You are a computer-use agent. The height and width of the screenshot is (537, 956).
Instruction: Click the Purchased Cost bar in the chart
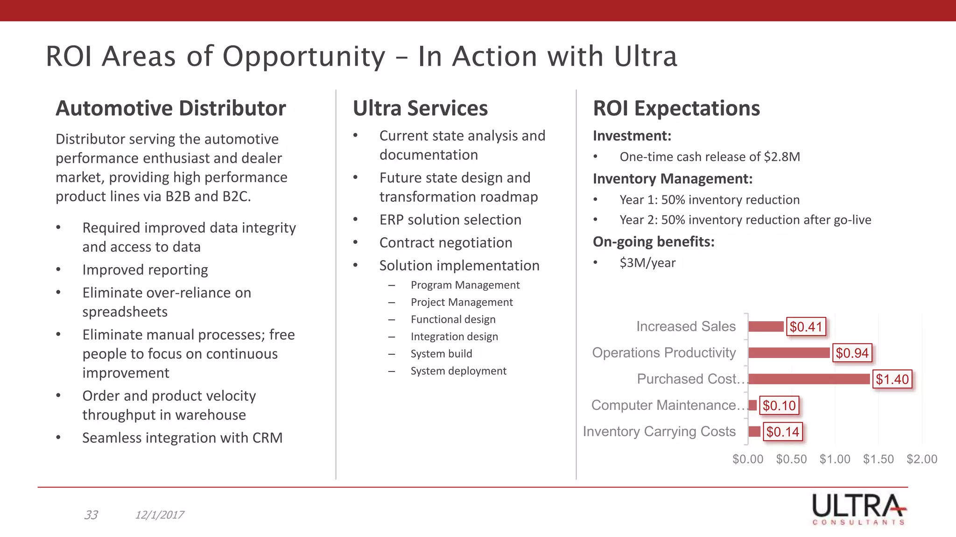(x=809, y=379)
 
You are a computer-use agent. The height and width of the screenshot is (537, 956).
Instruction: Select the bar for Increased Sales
(x=766, y=326)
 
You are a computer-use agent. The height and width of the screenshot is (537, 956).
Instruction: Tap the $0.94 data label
(x=852, y=353)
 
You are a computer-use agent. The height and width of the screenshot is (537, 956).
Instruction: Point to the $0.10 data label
(x=779, y=406)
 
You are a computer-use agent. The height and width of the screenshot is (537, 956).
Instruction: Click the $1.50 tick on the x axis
(x=878, y=459)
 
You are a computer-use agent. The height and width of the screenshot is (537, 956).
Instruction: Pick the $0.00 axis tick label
(x=748, y=459)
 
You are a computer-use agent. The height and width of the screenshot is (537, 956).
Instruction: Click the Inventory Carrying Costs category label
(x=659, y=432)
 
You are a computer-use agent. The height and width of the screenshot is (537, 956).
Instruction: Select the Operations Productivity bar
(x=789, y=353)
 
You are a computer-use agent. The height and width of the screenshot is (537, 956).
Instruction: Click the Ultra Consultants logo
(x=858, y=509)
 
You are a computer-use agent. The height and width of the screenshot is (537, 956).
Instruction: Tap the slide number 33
(x=91, y=515)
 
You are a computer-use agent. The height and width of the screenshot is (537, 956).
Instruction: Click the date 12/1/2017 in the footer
(x=159, y=515)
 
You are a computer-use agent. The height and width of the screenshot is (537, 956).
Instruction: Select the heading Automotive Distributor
(x=170, y=108)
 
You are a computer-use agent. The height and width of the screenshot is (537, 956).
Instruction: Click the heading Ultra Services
(x=420, y=108)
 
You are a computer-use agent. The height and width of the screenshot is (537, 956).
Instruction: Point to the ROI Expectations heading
(x=676, y=108)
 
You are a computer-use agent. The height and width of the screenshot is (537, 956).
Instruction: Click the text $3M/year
(x=647, y=263)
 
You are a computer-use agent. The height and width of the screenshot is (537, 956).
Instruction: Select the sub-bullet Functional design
(x=453, y=319)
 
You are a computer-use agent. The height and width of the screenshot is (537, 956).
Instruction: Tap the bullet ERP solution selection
(x=450, y=220)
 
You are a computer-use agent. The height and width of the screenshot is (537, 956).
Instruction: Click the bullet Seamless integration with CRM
(x=182, y=438)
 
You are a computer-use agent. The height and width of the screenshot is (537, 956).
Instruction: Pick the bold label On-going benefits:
(x=654, y=241)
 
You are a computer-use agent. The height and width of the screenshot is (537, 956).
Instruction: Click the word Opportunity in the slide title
(x=304, y=56)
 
